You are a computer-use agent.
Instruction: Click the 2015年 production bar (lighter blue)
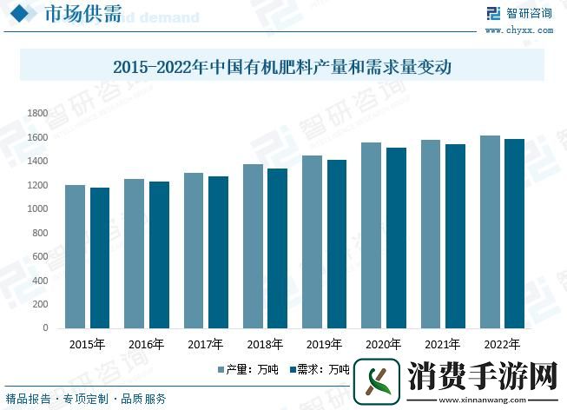[x=75, y=256]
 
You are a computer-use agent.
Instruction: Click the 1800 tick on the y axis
[x=37, y=114]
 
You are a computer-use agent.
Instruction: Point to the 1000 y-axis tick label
[x=37, y=209]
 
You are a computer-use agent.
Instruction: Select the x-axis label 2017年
[x=205, y=345]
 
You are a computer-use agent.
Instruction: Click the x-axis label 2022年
[x=502, y=345]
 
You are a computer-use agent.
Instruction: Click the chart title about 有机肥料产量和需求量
[x=283, y=66]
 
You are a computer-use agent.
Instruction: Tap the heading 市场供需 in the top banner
[x=72, y=16]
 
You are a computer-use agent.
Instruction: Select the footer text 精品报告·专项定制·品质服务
[x=87, y=399]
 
